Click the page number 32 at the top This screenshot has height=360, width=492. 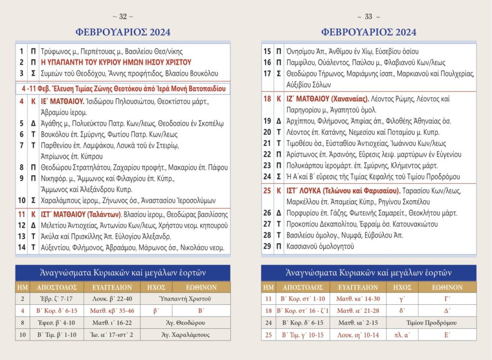point(123,17)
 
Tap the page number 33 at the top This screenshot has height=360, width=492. point(369,17)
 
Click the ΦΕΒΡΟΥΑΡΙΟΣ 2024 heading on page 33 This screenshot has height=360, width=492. point(369,32)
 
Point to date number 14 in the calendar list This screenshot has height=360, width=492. point(22,248)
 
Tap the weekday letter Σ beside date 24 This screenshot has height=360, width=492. point(279,176)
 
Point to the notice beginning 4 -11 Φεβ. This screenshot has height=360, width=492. point(123,89)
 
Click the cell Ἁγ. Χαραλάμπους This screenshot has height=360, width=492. point(185,335)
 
